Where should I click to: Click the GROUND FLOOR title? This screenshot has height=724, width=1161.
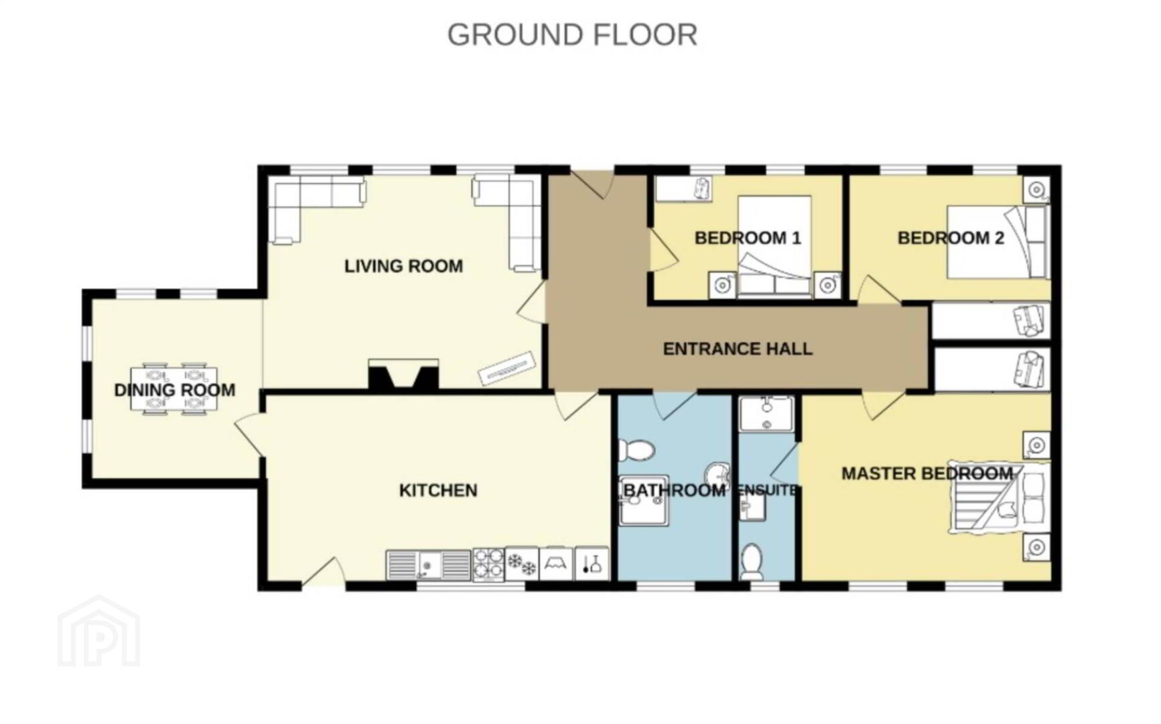point(572,35)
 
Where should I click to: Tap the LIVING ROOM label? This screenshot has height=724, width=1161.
point(403,266)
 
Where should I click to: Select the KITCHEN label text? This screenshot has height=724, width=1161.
point(438,491)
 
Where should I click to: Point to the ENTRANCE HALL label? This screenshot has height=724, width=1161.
point(738,349)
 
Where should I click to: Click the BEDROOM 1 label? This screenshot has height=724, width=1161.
point(748,238)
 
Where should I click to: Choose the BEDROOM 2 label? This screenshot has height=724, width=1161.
point(951,238)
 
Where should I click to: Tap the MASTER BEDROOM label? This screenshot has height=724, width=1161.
point(927,474)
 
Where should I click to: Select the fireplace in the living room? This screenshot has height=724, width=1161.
point(403,375)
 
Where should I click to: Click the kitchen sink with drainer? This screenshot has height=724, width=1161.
point(429,565)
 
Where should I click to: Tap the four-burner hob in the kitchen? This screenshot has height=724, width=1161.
point(488,564)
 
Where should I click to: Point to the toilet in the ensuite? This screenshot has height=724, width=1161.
point(752,562)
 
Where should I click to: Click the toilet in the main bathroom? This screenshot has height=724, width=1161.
point(636,450)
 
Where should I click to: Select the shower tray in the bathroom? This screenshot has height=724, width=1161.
point(644,501)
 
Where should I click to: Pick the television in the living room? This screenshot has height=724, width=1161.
point(506,369)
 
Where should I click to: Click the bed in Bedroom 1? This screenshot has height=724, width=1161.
point(775,246)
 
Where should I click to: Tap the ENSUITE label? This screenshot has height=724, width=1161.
point(767,491)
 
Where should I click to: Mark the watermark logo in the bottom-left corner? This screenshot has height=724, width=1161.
point(99,631)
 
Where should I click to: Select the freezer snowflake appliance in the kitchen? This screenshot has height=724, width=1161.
point(522,564)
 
